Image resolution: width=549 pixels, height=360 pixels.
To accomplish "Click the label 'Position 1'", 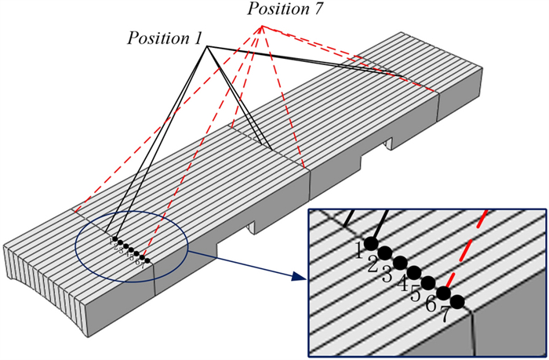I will tap(165, 38).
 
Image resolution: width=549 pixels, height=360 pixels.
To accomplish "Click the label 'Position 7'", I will tap(279, 10).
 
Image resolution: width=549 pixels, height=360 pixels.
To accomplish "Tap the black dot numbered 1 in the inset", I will tap(372, 243).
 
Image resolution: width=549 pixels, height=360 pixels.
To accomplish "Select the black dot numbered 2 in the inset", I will tap(386, 253).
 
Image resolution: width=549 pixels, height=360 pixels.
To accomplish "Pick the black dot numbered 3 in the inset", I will tap(400, 263).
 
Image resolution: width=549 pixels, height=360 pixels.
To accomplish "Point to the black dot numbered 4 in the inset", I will tap(414, 272).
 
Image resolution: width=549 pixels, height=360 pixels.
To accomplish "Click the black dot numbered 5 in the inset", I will tap(428, 282).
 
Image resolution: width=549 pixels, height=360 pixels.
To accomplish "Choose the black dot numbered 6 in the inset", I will tap(443, 293).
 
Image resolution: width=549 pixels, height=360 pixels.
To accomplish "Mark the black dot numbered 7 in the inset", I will tap(457, 301).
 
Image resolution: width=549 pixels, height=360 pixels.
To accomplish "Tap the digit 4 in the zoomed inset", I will tap(402, 284).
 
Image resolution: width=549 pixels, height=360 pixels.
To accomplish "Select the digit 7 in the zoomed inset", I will tap(445, 315).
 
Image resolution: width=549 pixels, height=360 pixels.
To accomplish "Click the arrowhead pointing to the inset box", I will tap(298, 276).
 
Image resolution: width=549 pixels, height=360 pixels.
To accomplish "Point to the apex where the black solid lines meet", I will tap(208, 47).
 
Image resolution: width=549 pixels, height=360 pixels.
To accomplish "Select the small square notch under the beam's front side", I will tap(252, 227).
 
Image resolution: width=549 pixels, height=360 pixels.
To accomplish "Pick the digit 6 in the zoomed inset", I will tap(431, 304).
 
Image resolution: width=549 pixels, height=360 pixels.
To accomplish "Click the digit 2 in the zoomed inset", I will tap(373, 264).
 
